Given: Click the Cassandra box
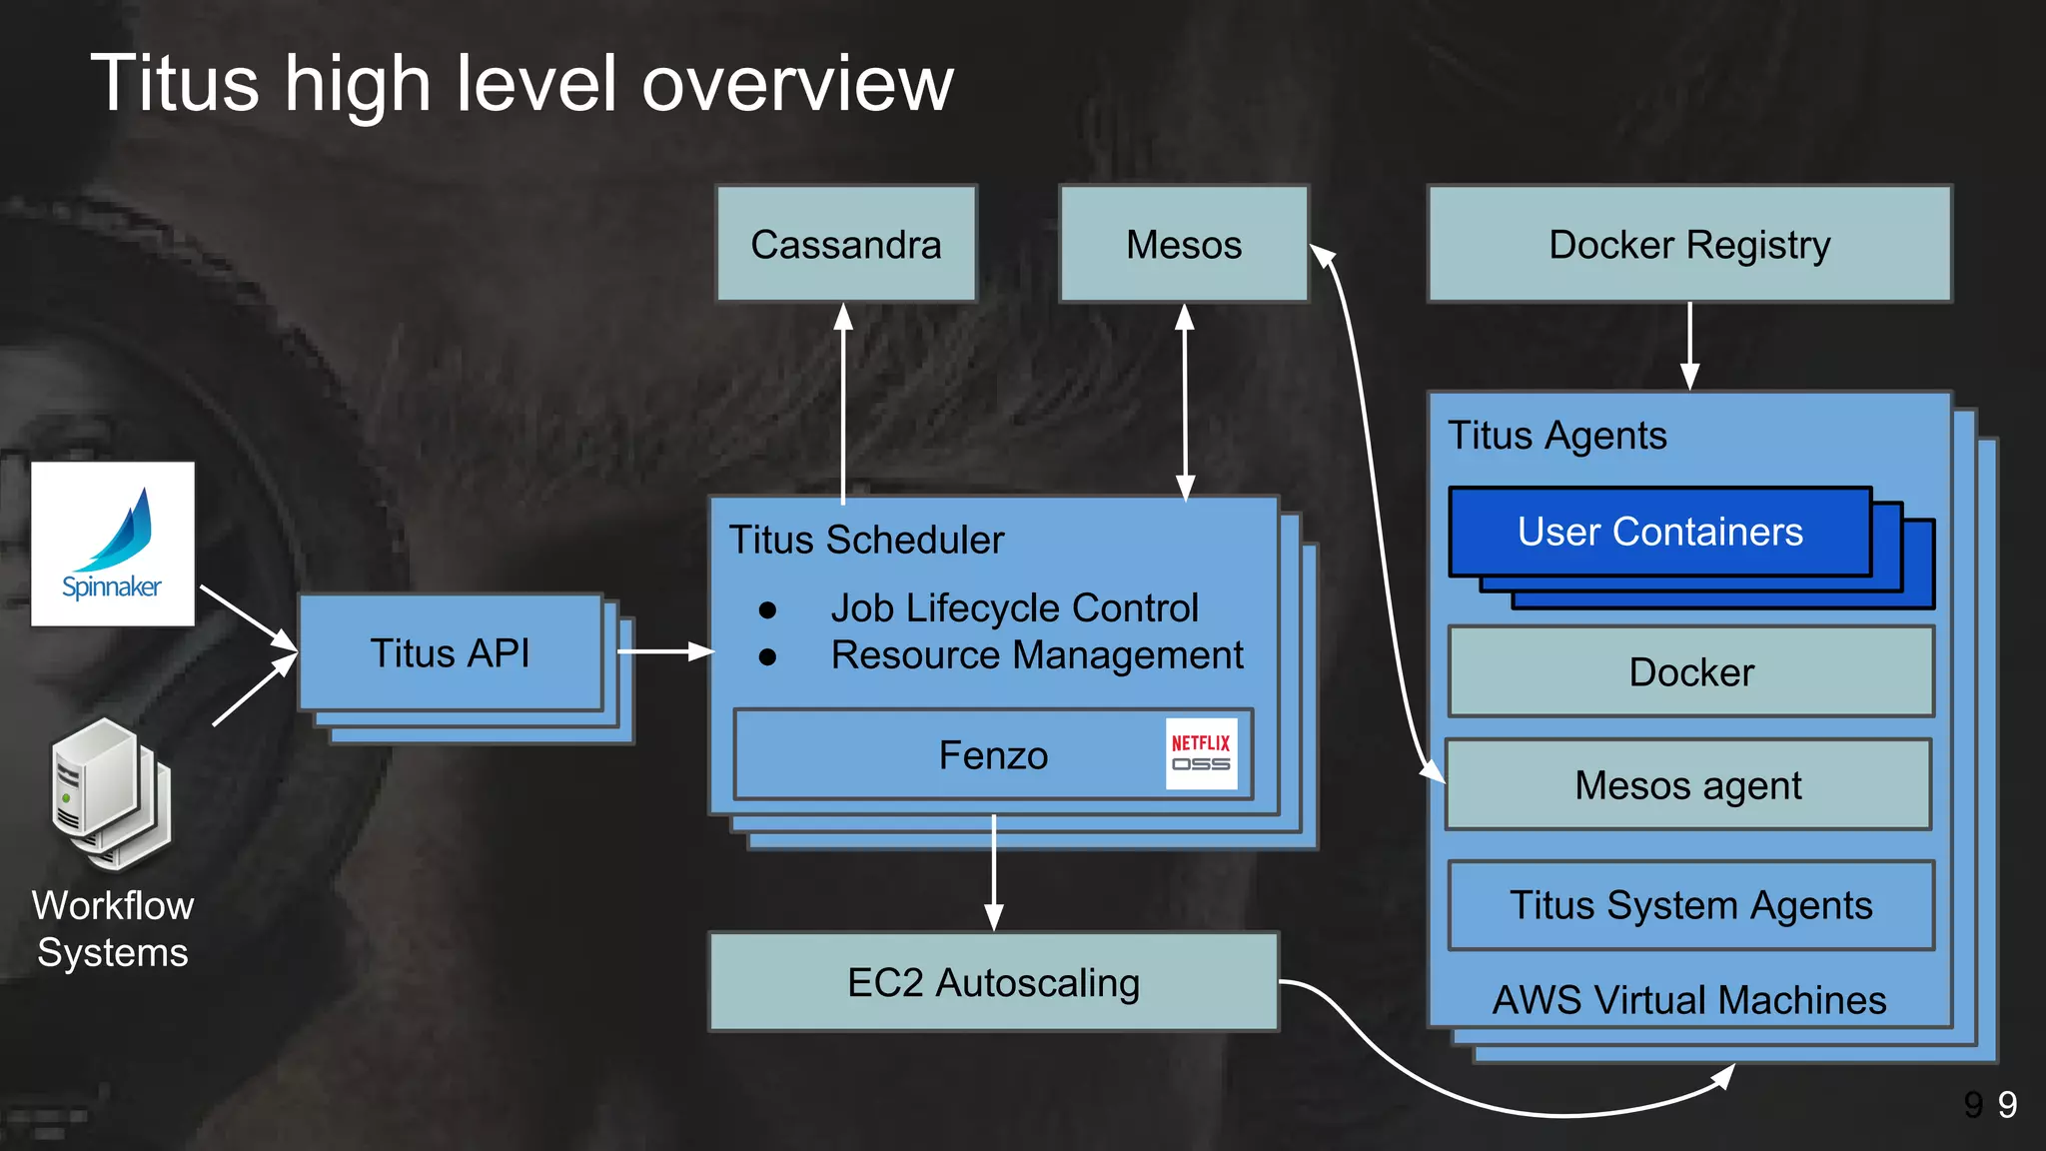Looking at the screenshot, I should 846,244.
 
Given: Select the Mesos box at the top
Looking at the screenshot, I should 1184,244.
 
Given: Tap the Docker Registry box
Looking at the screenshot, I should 1689,244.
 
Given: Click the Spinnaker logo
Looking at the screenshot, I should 113,544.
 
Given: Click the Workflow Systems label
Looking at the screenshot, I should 113,928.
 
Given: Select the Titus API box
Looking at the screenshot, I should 451,653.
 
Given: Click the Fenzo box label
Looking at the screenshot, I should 993,755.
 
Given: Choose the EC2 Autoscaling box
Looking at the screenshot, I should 993,982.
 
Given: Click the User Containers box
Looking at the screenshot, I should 1659,532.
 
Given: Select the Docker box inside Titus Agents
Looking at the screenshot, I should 1690,672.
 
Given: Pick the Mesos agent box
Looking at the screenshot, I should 1688,785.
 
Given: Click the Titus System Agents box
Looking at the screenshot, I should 1690,905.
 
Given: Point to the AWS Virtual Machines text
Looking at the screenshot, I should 1689,1000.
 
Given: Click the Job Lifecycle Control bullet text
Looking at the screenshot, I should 1014,607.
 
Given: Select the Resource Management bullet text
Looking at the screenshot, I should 1037,655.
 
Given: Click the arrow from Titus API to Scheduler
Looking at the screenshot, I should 664,651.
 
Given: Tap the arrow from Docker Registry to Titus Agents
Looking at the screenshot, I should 1689,346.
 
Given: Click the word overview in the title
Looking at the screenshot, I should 797,84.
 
